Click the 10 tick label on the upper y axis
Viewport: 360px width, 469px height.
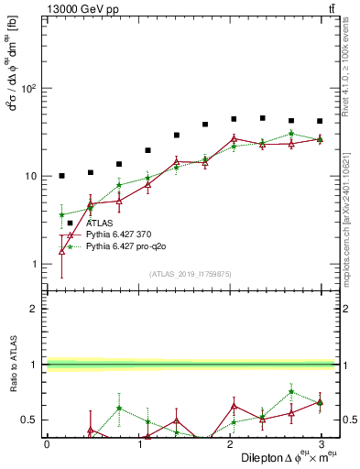pyautogui.click(x=30, y=176)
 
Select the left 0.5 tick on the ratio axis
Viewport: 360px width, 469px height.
pyautogui.click(x=30, y=420)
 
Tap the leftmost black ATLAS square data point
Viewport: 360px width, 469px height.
pyautogui.click(x=61, y=176)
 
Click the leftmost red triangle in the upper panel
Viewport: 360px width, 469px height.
pyautogui.click(x=61, y=250)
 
